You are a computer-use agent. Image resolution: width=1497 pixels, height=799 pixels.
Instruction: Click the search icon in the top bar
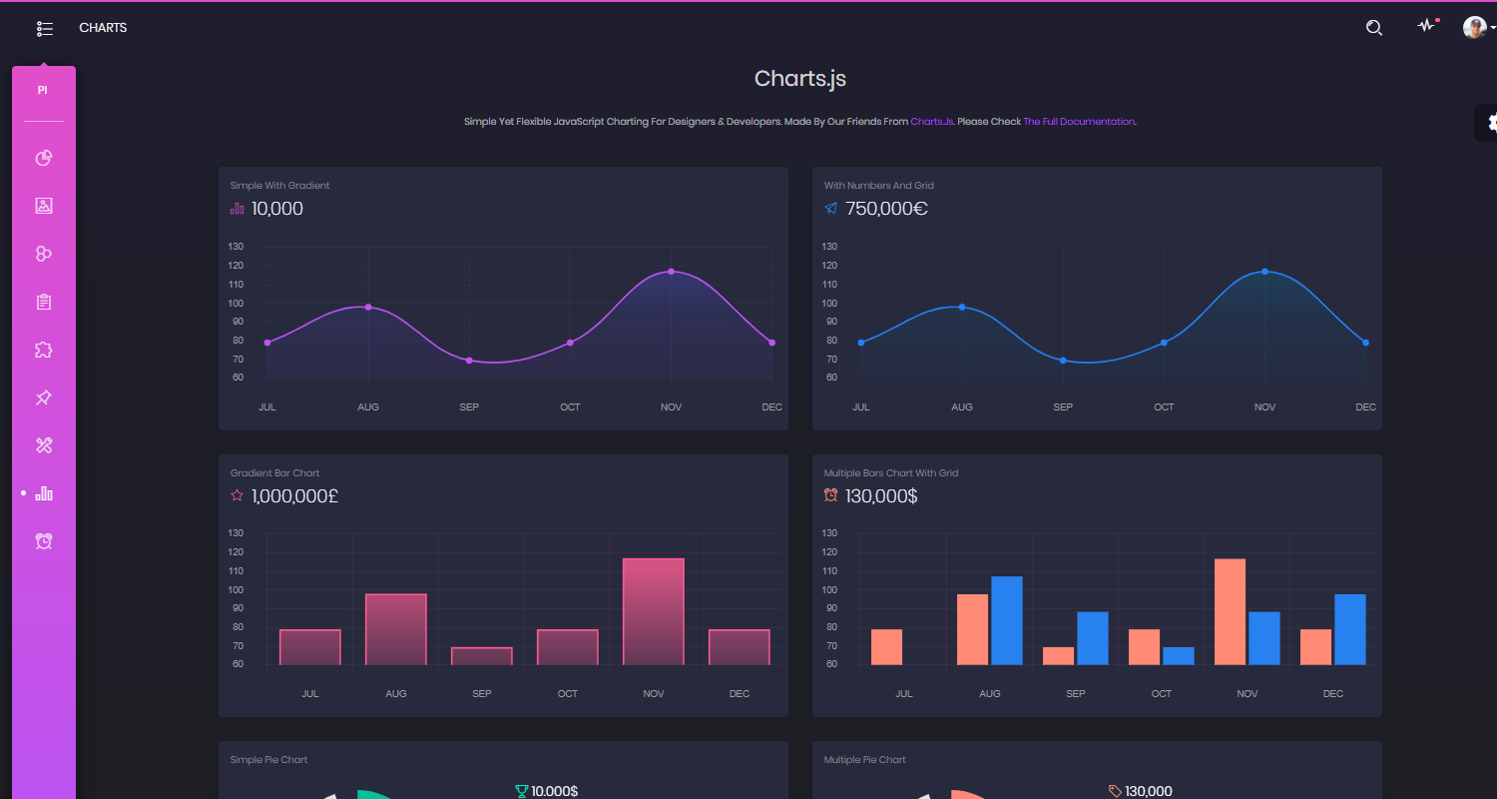click(x=1373, y=28)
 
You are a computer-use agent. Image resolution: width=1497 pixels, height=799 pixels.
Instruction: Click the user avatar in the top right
click(x=1474, y=28)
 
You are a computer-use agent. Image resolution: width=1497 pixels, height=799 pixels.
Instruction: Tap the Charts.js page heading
click(x=800, y=79)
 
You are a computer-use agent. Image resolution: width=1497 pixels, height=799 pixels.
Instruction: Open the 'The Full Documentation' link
click(x=1079, y=122)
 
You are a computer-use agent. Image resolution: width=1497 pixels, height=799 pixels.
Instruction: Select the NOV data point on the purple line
click(x=671, y=272)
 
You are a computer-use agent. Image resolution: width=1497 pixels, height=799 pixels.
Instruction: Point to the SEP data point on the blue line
click(x=1063, y=361)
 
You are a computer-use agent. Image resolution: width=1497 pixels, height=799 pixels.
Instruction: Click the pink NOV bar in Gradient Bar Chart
click(x=654, y=611)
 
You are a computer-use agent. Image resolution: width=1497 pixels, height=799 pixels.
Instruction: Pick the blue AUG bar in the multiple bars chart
click(x=1007, y=620)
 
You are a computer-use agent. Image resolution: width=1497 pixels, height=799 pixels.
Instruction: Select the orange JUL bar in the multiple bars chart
click(x=886, y=646)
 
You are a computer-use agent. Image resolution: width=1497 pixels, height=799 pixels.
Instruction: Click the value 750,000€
click(x=886, y=209)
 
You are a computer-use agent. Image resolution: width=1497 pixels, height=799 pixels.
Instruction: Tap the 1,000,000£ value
click(x=294, y=496)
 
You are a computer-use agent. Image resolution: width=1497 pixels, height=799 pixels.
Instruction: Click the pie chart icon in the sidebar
click(x=44, y=158)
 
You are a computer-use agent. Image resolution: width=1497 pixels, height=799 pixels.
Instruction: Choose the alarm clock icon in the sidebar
click(x=44, y=541)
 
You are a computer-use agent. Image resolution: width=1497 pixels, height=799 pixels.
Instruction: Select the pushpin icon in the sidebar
click(x=44, y=398)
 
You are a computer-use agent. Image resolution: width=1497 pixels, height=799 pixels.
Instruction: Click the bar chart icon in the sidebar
click(x=44, y=493)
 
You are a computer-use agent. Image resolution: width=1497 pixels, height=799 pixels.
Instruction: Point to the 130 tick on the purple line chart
click(x=236, y=247)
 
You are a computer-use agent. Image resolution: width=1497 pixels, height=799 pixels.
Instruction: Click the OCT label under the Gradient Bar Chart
click(x=568, y=694)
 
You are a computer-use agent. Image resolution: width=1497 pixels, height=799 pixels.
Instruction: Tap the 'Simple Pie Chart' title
click(x=268, y=760)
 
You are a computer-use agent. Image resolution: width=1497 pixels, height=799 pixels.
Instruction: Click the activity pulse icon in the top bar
click(x=1426, y=27)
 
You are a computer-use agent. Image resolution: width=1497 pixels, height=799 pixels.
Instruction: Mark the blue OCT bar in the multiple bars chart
click(x=1179, y=656)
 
